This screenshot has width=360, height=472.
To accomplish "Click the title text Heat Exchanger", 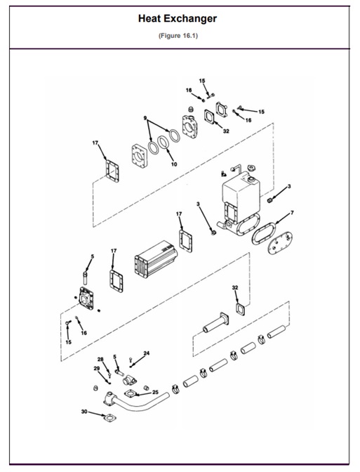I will pos(180,19).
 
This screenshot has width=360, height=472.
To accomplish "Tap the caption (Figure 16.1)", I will pos(180,36).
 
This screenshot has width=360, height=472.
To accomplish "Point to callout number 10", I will pos(174,164).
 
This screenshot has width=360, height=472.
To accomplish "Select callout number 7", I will pos(292,212).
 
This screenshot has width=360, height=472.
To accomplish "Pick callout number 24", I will pos(146,353).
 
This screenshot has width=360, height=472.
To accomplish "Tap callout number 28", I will pos(101,360).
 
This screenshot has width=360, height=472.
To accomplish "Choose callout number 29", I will pos(96,368).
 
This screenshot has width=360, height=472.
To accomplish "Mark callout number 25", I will pos(155,392).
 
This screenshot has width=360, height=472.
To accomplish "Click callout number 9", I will pos(145,117).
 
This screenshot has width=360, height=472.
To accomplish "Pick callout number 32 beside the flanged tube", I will pos(235,288).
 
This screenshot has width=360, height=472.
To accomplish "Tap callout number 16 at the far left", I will pos(84,333).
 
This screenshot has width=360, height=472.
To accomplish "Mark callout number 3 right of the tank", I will pos(289,186).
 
